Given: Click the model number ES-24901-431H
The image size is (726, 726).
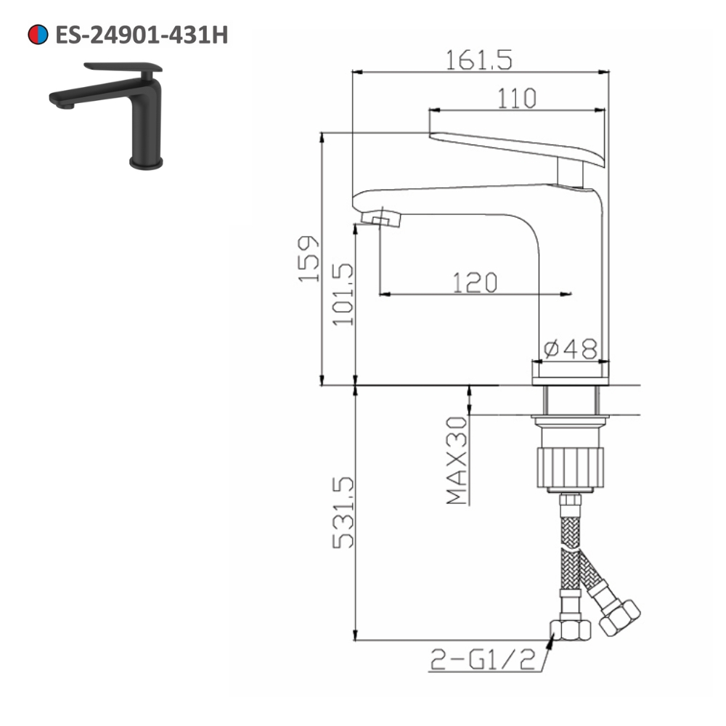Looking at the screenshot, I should tap(142, 35).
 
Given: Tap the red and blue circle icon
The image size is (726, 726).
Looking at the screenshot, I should tap(37, 35).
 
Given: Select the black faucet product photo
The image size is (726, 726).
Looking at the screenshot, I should tap(109, 116).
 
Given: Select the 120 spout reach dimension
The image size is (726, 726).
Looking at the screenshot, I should tap(473, 282).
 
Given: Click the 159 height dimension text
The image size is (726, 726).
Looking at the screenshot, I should tap(308, 259).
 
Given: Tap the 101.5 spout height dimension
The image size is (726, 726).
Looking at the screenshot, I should tap(343, 294).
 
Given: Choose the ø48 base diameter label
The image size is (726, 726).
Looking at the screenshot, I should tap(570, 348).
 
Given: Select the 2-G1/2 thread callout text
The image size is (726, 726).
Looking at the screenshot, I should tap(483, 659).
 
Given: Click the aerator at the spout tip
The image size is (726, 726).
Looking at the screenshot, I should tap(382, 218).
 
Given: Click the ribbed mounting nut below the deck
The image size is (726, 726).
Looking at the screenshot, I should tap(570, 468).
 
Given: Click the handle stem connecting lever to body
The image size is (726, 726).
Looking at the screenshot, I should tap(571, 174).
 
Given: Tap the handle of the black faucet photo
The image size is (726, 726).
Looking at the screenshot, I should tap(123, 68).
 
